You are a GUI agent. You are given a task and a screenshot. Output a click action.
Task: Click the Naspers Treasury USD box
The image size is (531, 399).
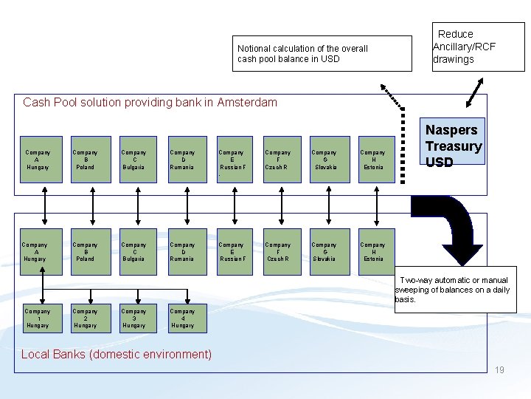click(x=453, y=145)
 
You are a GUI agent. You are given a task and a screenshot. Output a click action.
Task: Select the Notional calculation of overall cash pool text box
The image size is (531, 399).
click(x=322, y=53)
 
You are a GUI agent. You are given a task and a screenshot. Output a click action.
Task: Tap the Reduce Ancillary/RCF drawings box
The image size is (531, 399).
click(x=478, y=47)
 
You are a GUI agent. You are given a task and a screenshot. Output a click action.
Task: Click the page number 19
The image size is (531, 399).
click(x=499, y=370)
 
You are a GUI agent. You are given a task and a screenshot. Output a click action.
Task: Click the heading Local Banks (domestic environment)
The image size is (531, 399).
click(x=117, y=354)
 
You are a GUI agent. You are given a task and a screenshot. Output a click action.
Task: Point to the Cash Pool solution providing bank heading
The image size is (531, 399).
click(x=150, y=102)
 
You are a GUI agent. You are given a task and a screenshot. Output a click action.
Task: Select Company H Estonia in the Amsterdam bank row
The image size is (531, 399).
click(x=372, y=160)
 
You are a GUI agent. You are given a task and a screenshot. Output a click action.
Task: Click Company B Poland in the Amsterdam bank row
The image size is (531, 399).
click(x=86, y=160)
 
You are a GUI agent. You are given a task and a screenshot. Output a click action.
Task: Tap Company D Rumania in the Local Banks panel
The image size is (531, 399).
click(x=182, y=252)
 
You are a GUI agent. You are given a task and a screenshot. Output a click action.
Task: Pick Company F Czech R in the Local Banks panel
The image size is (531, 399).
click(x=278, y=252)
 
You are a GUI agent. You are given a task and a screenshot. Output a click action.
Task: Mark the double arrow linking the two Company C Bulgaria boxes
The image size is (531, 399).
click(x=133, y=205)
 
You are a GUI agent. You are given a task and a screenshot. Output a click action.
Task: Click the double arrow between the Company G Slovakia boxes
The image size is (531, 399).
click(x=324, y=205)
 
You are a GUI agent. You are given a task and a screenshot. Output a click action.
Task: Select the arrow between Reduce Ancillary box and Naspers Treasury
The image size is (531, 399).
click(x=474, y=95)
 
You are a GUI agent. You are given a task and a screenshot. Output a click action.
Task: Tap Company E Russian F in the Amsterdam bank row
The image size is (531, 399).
click(x=232, y=160)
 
